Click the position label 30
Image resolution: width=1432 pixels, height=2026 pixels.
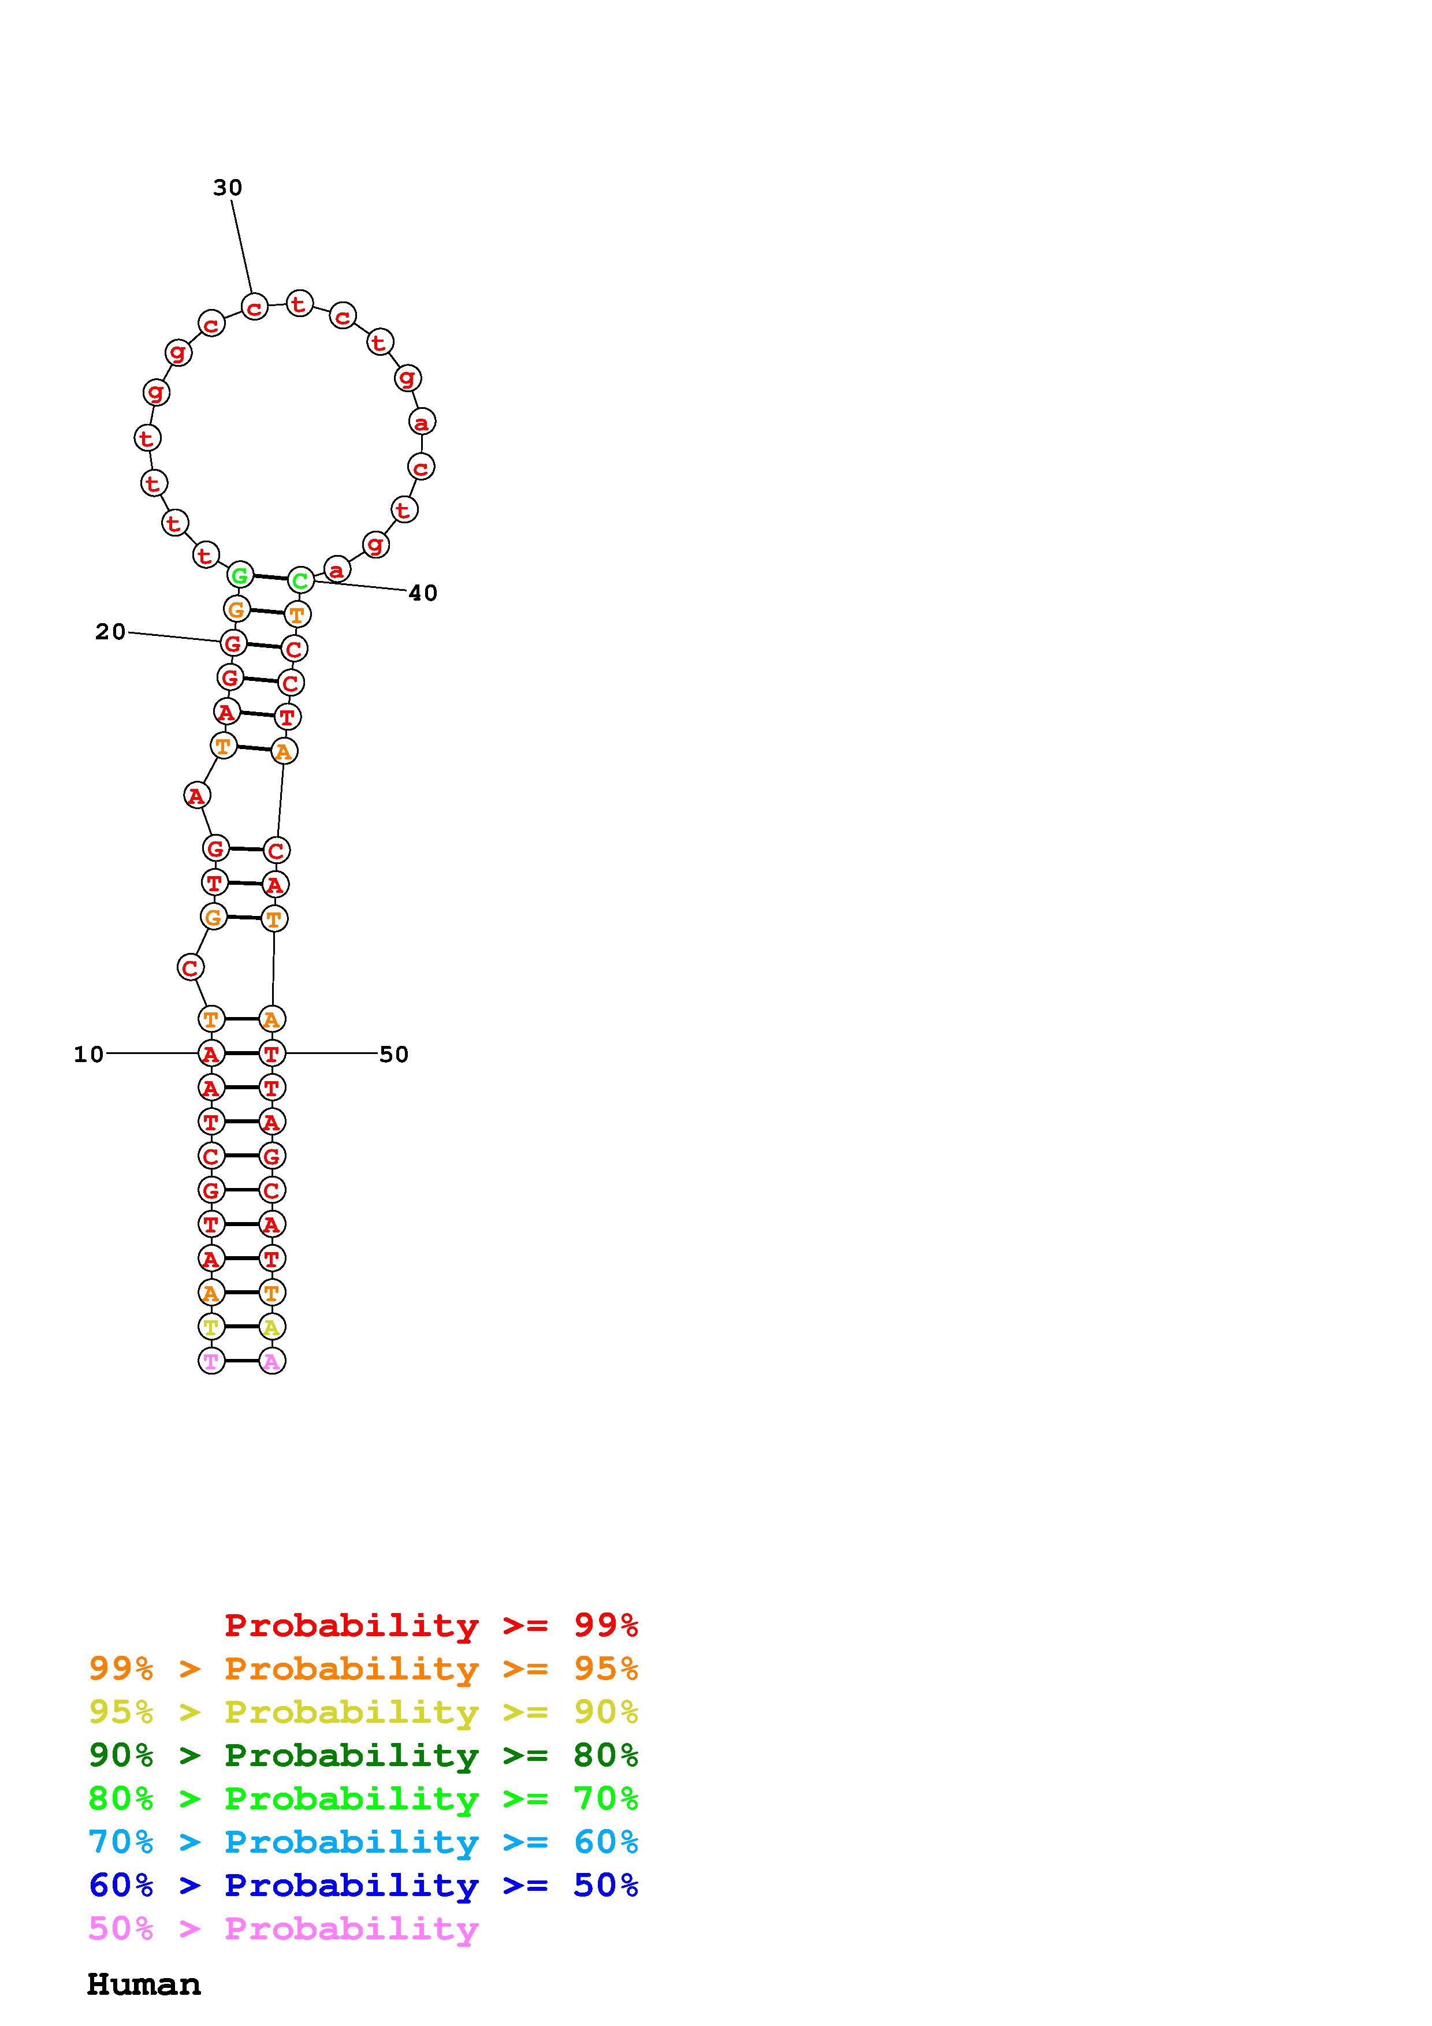[228, 187]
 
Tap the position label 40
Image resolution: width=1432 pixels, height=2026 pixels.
[423, 593]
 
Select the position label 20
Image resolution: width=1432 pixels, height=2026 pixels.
[110, 632]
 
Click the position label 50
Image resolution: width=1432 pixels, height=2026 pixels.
[393, 1055]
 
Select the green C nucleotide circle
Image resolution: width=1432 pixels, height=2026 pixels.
[301, 580]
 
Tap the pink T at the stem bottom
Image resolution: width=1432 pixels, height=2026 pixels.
[211, 1362]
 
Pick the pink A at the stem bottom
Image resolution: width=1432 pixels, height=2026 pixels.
[271, 1362]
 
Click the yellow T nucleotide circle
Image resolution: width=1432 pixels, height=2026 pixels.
[211, 1327]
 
